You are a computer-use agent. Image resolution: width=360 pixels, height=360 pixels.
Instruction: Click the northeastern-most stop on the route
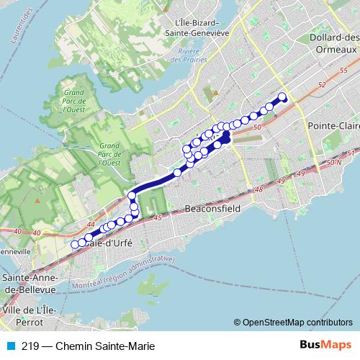[x=282, y=97]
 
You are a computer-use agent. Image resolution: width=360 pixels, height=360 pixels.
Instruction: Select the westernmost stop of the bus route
[x=74, y=245]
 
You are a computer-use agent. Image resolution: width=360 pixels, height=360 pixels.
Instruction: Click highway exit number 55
[x=342, y=70]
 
